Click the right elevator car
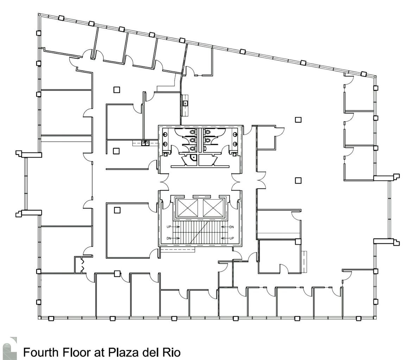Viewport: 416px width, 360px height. click(x=213, y=207)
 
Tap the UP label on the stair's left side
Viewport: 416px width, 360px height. click(x=169, y=227)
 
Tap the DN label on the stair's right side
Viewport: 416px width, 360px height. click(x=231, y=227)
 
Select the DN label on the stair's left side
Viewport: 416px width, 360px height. click(x=169, y=238)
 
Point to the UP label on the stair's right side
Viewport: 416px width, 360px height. click(x=231, y=238)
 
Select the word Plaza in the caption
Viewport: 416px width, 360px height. click(x=120, y=352)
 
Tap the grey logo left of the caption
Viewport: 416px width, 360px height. click(x=12, y=348)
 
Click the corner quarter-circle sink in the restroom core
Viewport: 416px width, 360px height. click(x=192, y=158)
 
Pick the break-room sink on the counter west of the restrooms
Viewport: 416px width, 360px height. click(x=144, y=143)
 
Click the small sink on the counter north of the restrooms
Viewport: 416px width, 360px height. click(x=185, y=103)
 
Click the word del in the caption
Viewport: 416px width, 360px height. click(x=146, y=352)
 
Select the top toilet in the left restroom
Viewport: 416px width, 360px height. click(x=192, y=131)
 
